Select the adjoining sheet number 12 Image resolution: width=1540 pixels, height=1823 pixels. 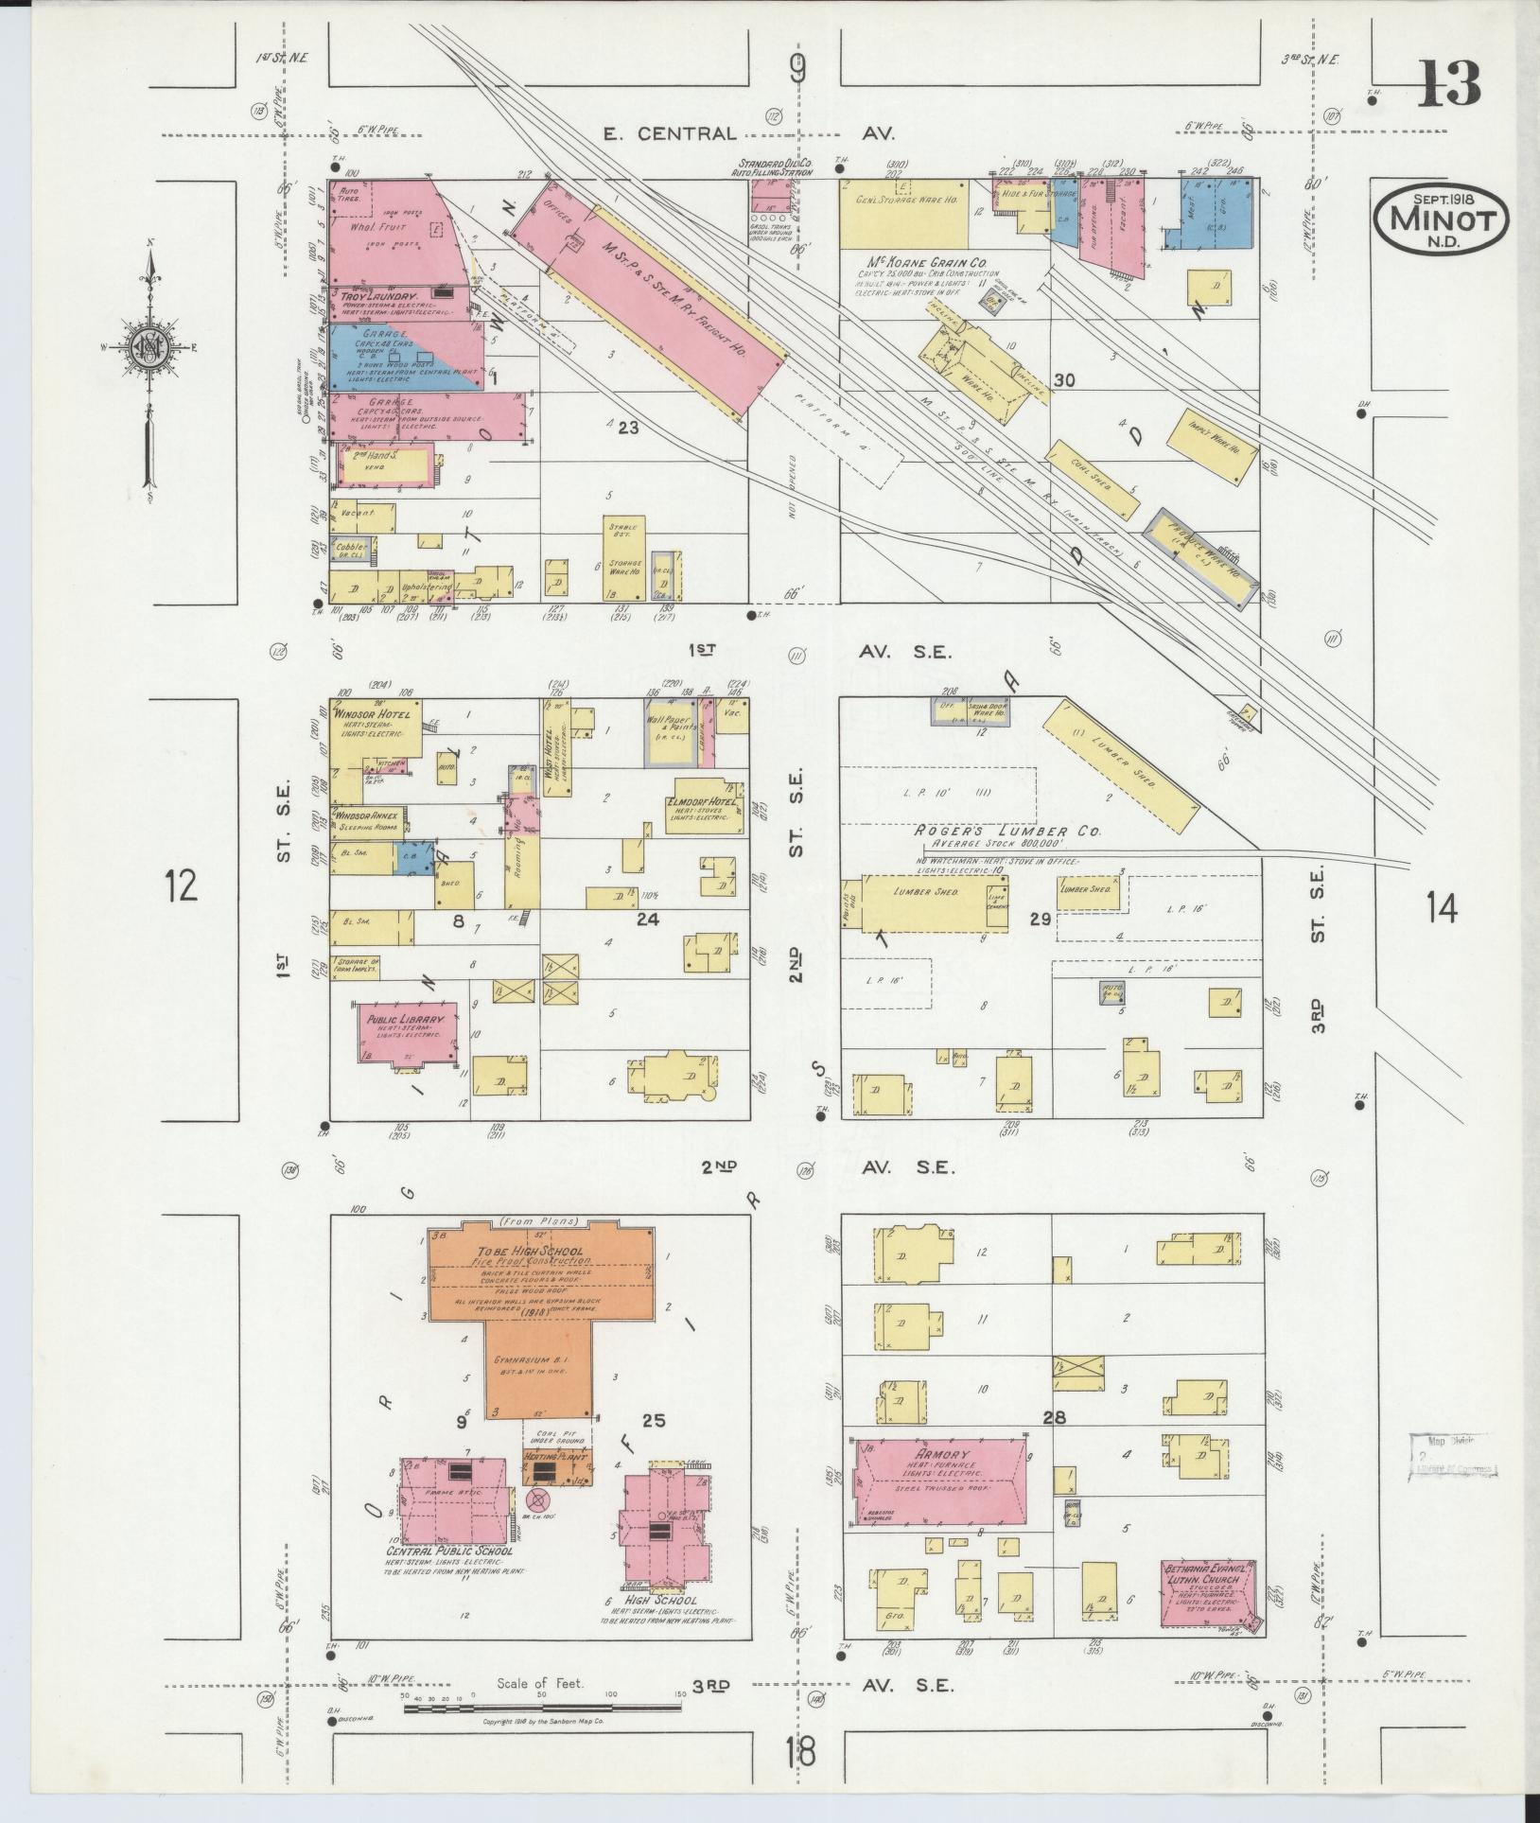(181, 886)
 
